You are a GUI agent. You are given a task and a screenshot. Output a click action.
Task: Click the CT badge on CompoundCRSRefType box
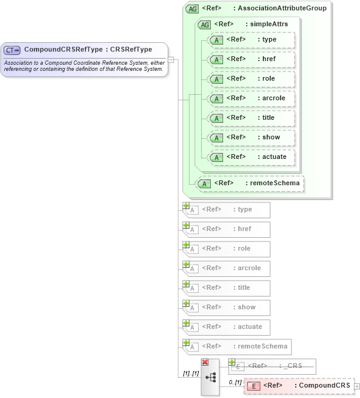(12, 50)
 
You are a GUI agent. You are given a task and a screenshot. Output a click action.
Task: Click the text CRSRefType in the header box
(131, 50)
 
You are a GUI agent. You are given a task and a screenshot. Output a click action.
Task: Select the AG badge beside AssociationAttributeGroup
(193, 9)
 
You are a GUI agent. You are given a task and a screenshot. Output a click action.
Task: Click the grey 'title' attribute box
(227, 288)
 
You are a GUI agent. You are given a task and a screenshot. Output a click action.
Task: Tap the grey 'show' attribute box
(227, 308)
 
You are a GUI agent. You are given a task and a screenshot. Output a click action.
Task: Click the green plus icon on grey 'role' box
(186, 245)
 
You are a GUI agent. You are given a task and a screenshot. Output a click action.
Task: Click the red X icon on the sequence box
(205, 363)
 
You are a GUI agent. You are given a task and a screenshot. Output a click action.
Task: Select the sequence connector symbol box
(210, 378)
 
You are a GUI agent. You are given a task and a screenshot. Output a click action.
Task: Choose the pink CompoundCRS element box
(299, 386)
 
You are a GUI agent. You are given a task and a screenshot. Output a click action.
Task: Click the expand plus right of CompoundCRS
(357, 386)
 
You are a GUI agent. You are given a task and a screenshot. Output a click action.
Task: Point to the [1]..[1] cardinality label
(191, 373)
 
